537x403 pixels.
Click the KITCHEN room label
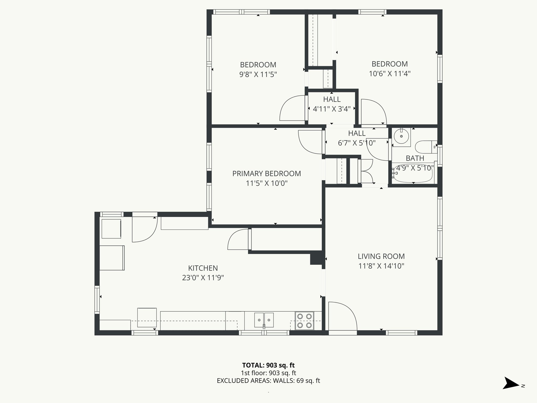point(203,268)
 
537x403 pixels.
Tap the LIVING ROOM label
point(381,256)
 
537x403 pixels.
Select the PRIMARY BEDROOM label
point(266,174)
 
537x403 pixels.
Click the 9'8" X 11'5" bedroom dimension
point(258,75)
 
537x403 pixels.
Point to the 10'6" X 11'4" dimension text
point(389,74)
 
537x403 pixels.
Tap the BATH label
point(415,158)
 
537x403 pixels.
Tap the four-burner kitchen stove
point(304,321)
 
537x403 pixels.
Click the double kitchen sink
point(264,320)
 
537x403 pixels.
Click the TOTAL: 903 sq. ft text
point(268,365)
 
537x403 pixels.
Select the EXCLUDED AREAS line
point(268,381)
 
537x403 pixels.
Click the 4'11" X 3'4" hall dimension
point(332,109)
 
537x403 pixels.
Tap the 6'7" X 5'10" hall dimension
point(357,143)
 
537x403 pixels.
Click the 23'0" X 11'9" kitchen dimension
point(203,278)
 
